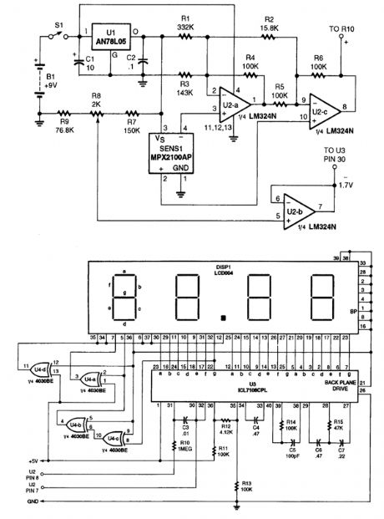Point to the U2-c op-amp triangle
click(x=321, y=104)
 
